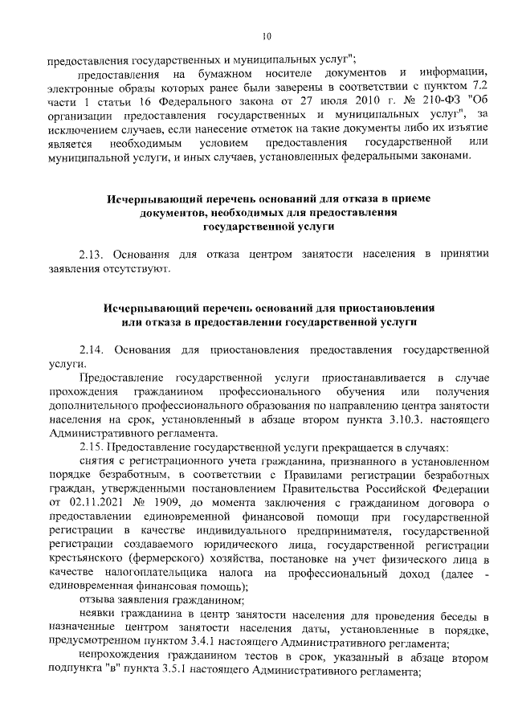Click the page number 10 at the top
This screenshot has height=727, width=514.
[266, 36]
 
